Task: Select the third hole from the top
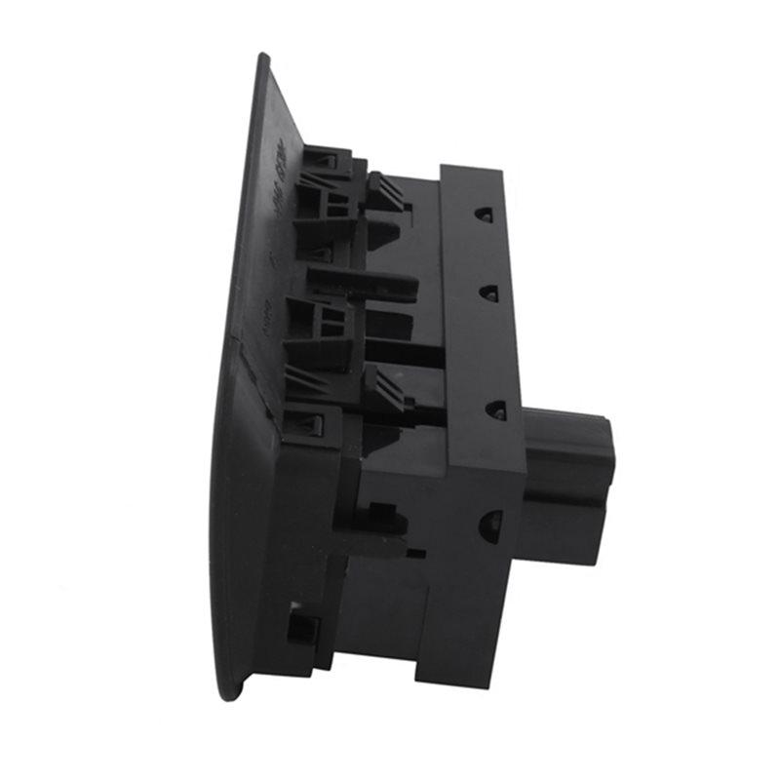point(495,408)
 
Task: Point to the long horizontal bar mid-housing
point(363,283)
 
